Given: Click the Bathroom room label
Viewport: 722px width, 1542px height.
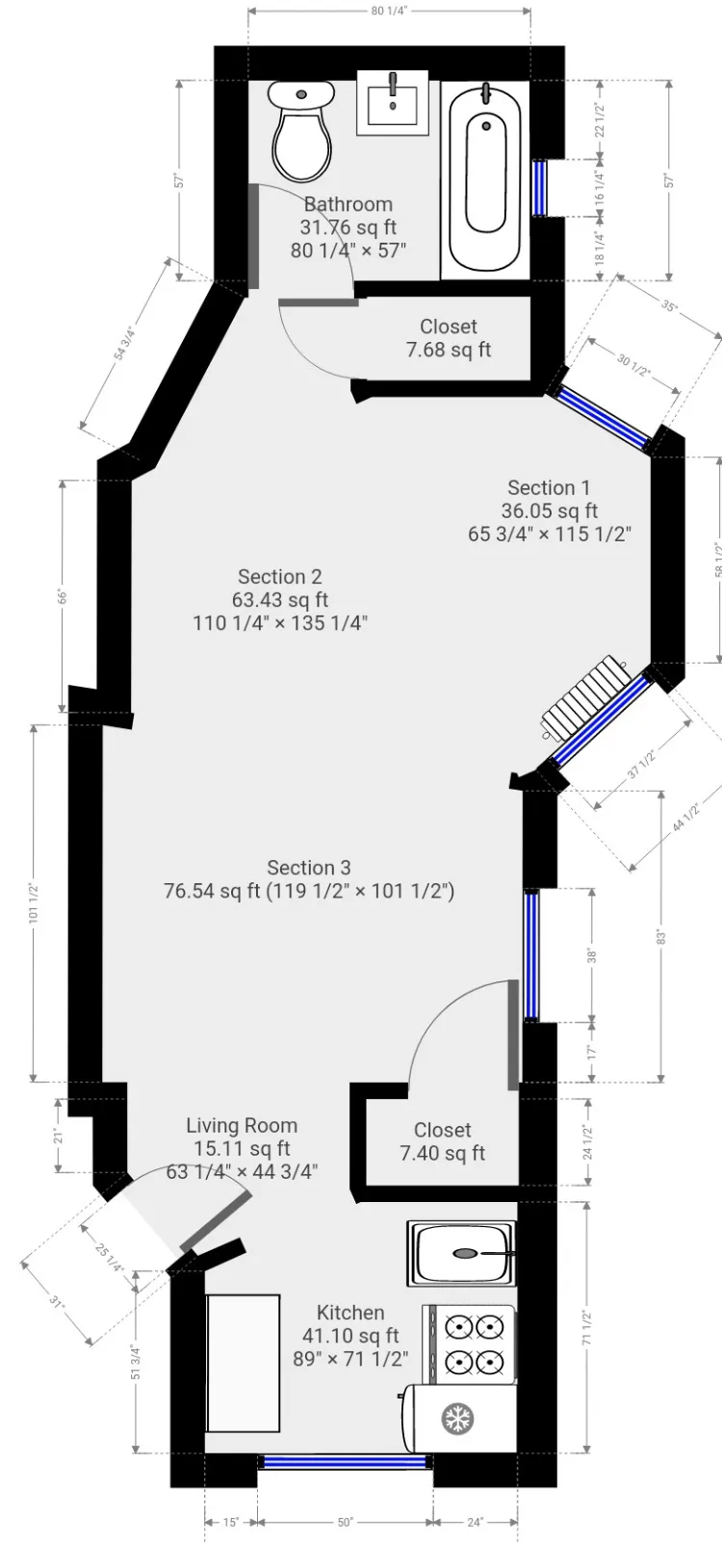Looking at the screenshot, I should pyautogui.click(x=348, y=204).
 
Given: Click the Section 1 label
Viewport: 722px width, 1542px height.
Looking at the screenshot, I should pyautogui.click(x=549, y=487).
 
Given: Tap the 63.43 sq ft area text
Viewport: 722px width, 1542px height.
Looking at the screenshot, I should pyautogui.click(x=280, y=600).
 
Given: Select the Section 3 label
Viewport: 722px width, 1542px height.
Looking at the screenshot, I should pyautogui.click(x=309, y=868).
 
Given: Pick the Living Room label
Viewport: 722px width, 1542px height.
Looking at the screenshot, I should pyautogui.click(x=242, y=1125).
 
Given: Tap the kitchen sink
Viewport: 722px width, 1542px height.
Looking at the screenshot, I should pyautogui.click(x=462, y=1253).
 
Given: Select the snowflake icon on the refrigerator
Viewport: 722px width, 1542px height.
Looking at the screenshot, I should pyautogui.click(x=458, y=1418).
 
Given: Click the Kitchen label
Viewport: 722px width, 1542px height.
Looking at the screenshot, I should pyautogui.click(x=350, y=1312).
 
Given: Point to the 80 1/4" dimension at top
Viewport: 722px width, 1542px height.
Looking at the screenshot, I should pyautogui.click(x=389, y=12).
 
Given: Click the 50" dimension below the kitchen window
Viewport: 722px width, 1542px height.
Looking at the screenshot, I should pyautogui.click(x=346, y=1523).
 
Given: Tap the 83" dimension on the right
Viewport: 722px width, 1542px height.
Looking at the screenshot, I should pyautogui.click(x=660, y=935).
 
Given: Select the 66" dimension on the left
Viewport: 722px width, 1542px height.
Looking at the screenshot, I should pyautogui.click(x=63, y=596).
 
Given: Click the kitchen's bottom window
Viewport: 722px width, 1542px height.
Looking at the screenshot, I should pyautogui.click(x=346, y=1462).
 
